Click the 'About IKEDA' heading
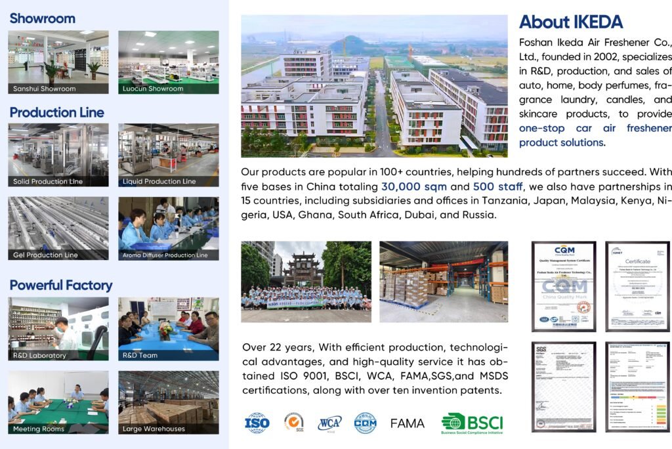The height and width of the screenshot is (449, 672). [570, 22]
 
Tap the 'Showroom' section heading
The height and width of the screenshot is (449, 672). [42, 18]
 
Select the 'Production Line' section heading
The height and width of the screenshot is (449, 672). [56, 112]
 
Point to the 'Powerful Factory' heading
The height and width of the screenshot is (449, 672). [60, 285]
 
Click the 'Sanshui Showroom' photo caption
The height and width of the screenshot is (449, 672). [45, 89]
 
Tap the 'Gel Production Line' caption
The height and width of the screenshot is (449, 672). [45, 255]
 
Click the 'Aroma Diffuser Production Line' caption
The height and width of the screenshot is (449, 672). [165, 255]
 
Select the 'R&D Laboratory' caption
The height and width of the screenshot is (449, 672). [40, 355]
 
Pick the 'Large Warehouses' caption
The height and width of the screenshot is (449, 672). [154, 429]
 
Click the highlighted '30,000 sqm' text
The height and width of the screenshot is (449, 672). [413, 186]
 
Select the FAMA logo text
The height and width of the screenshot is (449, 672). [408, 423]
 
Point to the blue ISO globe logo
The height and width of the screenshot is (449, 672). [257, 423]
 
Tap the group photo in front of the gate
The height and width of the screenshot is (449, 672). [306, 282]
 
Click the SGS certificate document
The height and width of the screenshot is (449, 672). [564, 386]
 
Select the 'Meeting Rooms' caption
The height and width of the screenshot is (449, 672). [39, 429]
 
